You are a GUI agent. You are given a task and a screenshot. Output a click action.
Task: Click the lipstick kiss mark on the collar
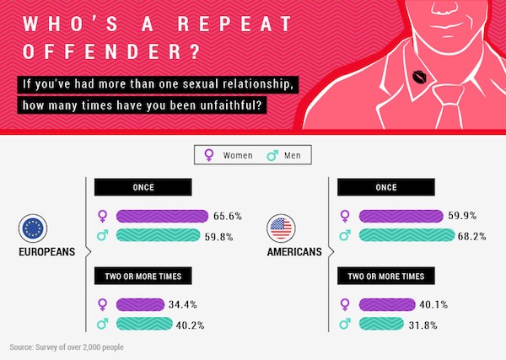point(419,77)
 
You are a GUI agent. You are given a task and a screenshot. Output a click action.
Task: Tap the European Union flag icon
point(33,228)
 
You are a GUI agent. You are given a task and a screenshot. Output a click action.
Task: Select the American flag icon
point(281,228)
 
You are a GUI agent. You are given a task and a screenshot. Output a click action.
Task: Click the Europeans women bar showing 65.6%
point(162,216)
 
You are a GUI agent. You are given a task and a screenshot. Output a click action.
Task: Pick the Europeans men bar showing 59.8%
point(159,235)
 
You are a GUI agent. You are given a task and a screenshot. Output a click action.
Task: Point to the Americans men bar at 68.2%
point(406,235)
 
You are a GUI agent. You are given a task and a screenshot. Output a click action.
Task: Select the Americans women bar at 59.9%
point(401,216)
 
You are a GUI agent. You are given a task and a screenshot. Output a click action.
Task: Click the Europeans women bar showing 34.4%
point(140,304)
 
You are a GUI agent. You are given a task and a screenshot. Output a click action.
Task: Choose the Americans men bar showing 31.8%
point(381,324)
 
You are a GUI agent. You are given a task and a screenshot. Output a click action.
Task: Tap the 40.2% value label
point(190,325)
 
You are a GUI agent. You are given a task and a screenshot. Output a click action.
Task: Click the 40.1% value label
point(433,304)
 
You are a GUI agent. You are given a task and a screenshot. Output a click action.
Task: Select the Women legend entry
point(229,155)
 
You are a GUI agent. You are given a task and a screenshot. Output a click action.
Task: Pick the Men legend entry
point(284,155)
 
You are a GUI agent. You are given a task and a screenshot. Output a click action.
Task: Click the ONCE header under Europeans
point(143,187)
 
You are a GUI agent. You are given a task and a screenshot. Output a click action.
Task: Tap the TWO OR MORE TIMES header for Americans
point(386,276)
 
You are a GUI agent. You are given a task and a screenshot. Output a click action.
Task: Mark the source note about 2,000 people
point(67,347)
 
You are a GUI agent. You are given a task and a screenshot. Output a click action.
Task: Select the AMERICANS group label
point(294,251)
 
